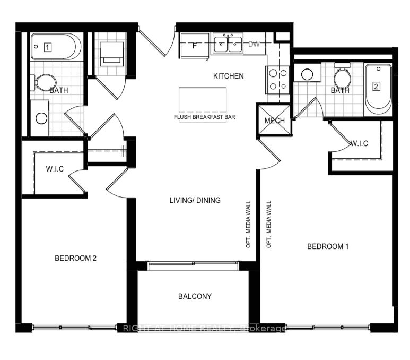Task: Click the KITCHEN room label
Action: [x=229, y=76]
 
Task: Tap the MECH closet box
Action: [x=275, y=121]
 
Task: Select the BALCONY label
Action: [x=195, y=296]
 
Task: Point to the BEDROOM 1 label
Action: [x=328, y=246]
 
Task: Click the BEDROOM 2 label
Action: [x=75, y=259]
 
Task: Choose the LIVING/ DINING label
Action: [x=195, y=200]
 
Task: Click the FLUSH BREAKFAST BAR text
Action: [x=204, y=117]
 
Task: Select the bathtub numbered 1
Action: [x=55, y=47]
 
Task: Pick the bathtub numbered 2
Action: [x=378, y=87]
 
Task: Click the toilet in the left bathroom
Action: [x=45, y=82]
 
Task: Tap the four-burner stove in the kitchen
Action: [x=278, y=79]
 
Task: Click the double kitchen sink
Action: [x=228, y=43]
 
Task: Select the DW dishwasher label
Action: [x=254, y=44]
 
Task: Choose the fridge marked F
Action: [x=195, y=45]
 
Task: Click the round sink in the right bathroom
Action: [x=307, y=74]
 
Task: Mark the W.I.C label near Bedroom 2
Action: [x=55, y=169]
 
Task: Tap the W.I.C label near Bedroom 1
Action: [x=359, y=144]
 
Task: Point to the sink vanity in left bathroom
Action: [x=40, y=117]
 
